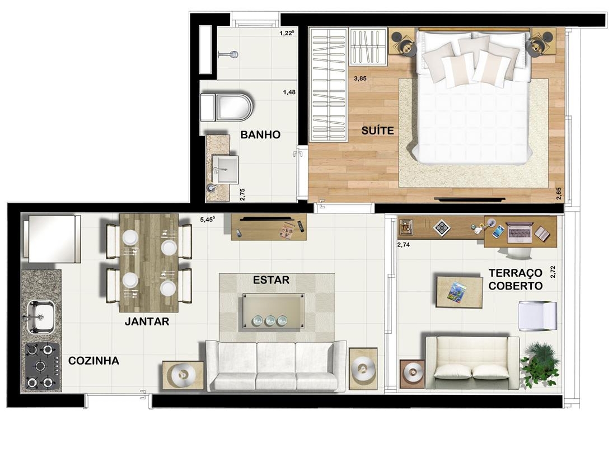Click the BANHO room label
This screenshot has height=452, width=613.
click(260, 134)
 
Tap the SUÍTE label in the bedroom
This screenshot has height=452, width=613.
click(377, 130)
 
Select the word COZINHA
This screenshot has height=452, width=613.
click(93, 361)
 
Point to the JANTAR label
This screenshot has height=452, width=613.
click(147, 321)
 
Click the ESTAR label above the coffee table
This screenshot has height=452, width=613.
click(272, 280)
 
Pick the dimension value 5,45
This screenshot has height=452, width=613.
click(208, 220)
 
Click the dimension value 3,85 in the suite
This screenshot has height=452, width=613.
click(360, 78)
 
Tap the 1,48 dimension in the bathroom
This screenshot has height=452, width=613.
click(289, 92)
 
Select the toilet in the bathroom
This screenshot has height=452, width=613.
click(226, 107)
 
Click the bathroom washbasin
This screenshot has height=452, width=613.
click(225, 169)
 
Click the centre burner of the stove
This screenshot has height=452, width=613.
click(40, 366)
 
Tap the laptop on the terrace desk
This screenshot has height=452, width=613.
click(520, 232)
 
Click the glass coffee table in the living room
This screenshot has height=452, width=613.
click(273, 311)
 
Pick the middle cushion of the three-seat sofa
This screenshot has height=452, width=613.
click(276, 366)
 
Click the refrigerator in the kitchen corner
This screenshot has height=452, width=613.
click(52, 238)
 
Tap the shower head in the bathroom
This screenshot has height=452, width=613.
click(233, 54)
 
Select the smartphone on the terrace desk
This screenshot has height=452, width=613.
click(498, 232)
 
